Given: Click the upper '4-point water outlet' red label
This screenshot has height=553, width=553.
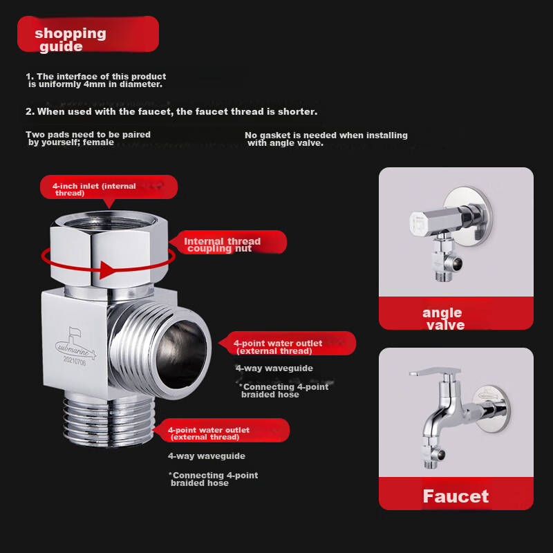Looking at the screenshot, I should pos(287,345).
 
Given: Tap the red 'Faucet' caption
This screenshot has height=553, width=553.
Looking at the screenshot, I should pos(456,496).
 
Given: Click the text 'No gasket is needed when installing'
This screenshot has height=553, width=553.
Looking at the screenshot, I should pos(326,135).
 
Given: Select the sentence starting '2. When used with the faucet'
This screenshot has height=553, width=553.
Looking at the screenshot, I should pos(171,111).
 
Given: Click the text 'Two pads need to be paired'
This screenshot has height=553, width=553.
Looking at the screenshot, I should pos(88,135).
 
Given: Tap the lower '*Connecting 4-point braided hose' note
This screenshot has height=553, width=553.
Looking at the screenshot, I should pos(213,478).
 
